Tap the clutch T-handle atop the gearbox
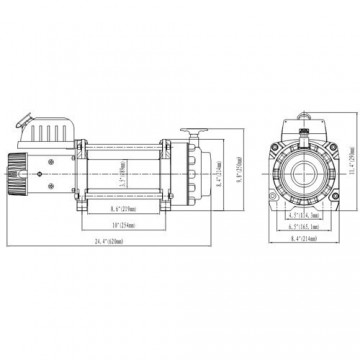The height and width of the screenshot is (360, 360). point(192,130)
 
